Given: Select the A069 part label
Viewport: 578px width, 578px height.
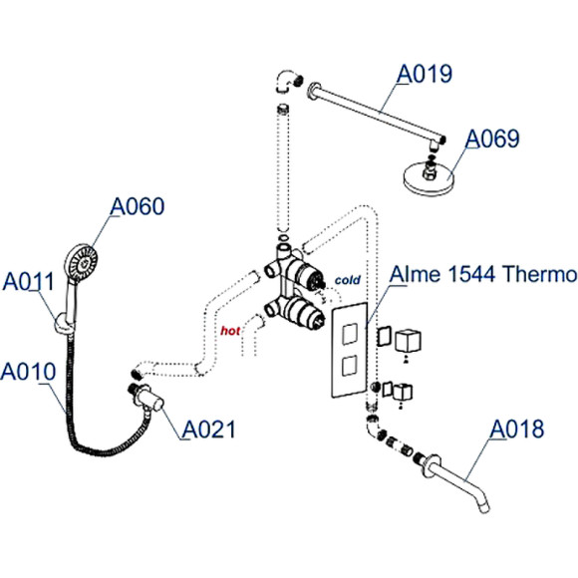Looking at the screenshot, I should pos(493,139).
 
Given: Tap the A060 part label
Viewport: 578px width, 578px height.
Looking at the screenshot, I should pos(137,206).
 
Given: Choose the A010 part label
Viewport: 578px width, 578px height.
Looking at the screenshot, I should pos(28,372).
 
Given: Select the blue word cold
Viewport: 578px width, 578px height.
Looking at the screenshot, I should pos(346,280).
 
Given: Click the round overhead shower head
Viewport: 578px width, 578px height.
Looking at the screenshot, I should pos(431,179).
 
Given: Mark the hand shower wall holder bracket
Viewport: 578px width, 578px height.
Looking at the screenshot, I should pos(63,321).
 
